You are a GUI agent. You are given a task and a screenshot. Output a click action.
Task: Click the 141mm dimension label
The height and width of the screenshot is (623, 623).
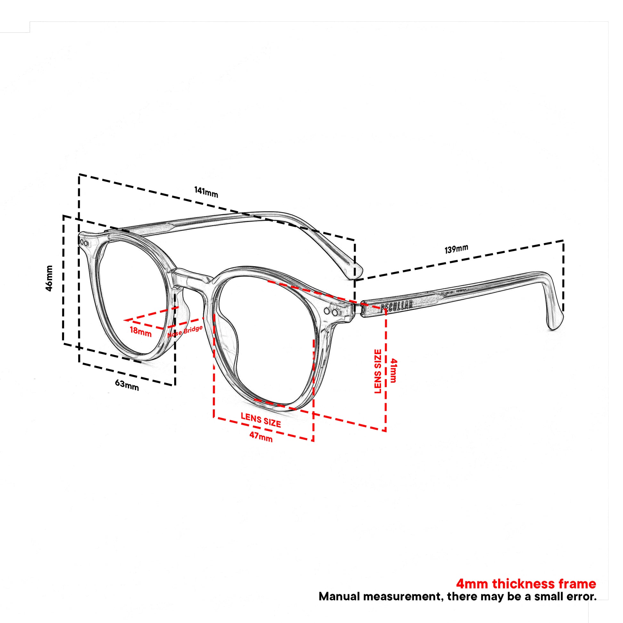point(206,192)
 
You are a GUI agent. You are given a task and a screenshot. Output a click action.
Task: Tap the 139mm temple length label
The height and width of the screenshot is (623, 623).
point(456,249)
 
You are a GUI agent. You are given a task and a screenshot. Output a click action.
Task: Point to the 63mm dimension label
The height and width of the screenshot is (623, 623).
point(127,385)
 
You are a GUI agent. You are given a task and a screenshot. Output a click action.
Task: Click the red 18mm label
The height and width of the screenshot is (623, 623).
point(141,331)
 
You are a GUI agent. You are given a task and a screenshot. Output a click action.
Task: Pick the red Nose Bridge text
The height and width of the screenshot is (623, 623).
point(185,331)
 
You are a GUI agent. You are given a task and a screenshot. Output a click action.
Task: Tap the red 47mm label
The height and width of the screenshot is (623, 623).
point(261,437)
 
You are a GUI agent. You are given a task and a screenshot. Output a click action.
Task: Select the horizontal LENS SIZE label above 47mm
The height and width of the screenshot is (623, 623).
point(261,420)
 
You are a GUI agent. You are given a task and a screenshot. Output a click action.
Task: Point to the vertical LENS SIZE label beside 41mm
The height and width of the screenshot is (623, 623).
point(377,371)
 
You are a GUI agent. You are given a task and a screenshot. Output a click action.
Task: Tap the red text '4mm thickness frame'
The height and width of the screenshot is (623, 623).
point(526,583)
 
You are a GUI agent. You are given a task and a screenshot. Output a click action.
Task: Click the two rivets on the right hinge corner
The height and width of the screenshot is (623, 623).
point(331,312)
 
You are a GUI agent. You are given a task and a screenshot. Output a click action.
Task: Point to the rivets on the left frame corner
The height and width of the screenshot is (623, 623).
point(85,242)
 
